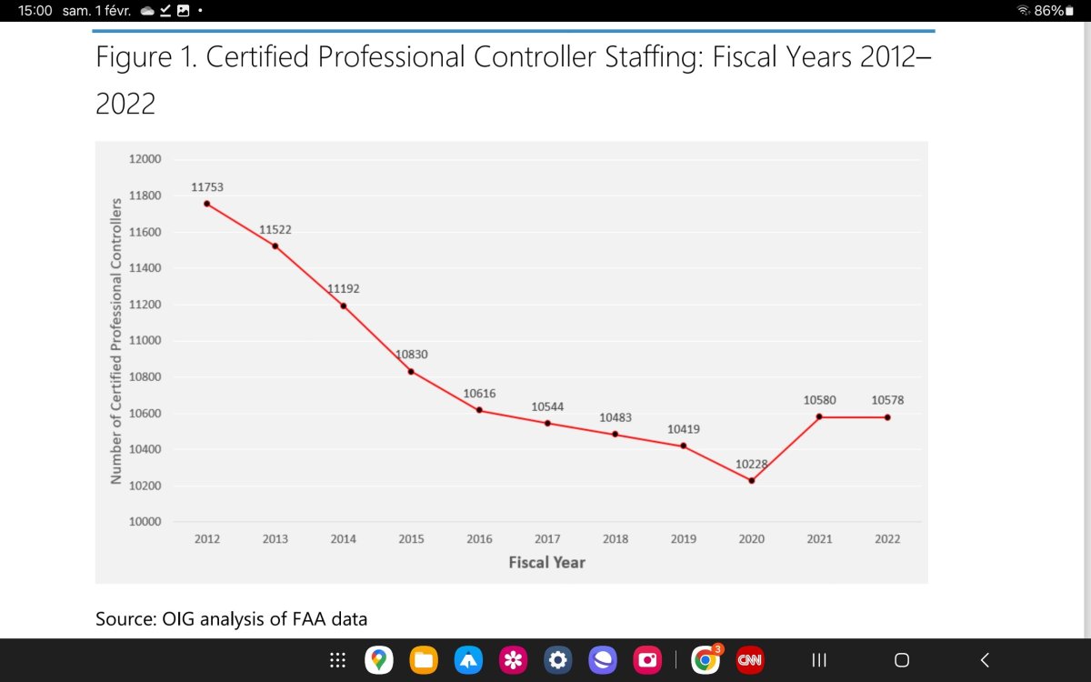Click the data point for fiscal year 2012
tap(207, 204)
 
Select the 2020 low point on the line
tap(752, 480)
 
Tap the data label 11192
tap(344, 288)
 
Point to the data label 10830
tap(412, 354)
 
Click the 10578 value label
tap(887, 400)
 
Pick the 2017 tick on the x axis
tap(547, 539)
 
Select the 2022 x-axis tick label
tap(887, 539)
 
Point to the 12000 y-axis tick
tap(144, 159)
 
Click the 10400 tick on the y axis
tap(144, 449)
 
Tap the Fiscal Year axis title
tap(546, 562)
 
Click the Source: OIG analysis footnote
tap(232, 619)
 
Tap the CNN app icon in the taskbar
tap(749, 660)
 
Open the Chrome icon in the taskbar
tap(705, 660)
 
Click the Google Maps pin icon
tap(378, 660)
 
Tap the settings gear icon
tap(558, 660)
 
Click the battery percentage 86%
tap(1048, 11)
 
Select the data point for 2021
tap(819, 416)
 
